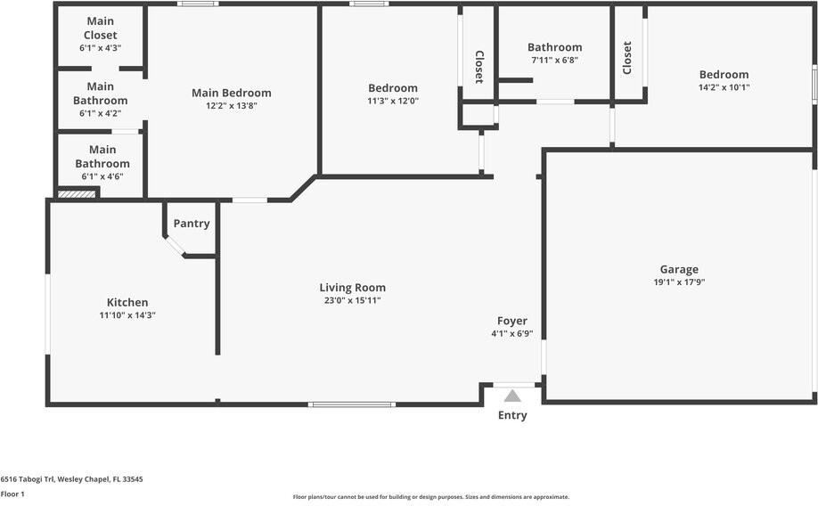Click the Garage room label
679,269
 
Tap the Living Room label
352,288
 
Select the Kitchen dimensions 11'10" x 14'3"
127,315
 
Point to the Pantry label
192,224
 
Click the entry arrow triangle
512,396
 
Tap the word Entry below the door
512,415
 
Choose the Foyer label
511,321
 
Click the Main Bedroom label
232,93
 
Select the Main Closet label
101,28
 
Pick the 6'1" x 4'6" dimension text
102,176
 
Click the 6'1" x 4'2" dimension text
100,113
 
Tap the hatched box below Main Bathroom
77,193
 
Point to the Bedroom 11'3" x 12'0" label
393,88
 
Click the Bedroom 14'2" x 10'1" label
724,75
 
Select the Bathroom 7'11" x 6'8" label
554,47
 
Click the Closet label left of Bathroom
479,66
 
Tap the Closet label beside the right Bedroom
627,58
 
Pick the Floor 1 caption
12,494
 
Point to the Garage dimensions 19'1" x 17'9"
679,282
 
